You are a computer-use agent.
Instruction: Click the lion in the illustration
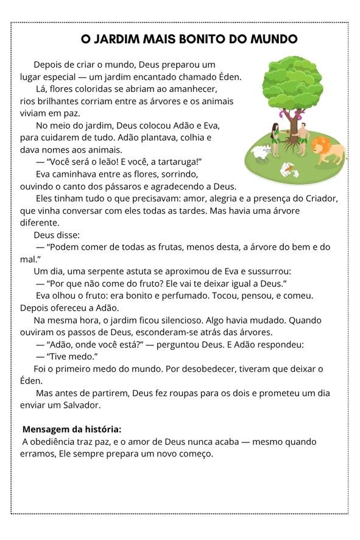click(x=327, y=150)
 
